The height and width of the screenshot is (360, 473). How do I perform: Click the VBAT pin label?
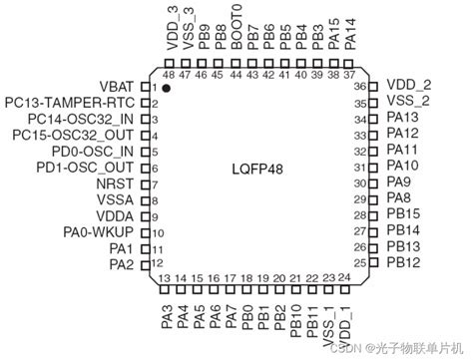point(118,87)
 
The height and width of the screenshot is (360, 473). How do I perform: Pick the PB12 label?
point(403,262)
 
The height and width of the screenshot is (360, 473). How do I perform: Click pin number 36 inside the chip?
point(361,87)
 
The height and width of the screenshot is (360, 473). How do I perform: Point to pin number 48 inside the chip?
point(168,75)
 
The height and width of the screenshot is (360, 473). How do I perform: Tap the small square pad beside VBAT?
point(146,87)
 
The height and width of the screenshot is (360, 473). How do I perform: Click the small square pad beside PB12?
point(374,262)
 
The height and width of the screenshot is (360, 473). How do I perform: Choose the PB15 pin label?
point(403,214)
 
